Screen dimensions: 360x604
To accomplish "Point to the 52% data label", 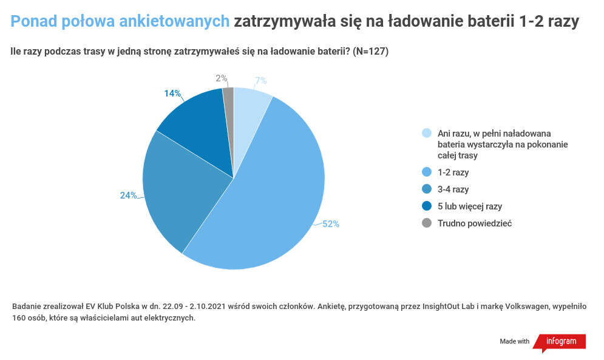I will (x=331, y=223).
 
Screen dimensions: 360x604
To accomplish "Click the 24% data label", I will (x=128, y=195).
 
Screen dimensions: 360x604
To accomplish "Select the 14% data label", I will (x=172, y=93).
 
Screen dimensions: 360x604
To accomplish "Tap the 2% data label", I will (x=222, y=78).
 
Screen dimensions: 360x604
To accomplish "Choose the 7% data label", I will (x=261, y=81).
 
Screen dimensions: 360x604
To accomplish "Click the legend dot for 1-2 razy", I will (x=427, y=172).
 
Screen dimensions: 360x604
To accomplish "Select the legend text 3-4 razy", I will (x=453, y=189).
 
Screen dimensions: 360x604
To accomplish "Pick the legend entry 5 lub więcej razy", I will (x=469, y=206).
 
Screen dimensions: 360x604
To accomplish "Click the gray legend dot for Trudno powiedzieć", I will (x=427, y=223).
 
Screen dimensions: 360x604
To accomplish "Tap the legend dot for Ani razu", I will (x=427, y=134).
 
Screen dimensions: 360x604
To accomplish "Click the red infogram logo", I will (x=560, y=342).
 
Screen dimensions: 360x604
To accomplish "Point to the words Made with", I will (x=515, y=342).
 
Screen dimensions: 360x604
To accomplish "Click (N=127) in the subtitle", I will (x=370, y=52).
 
